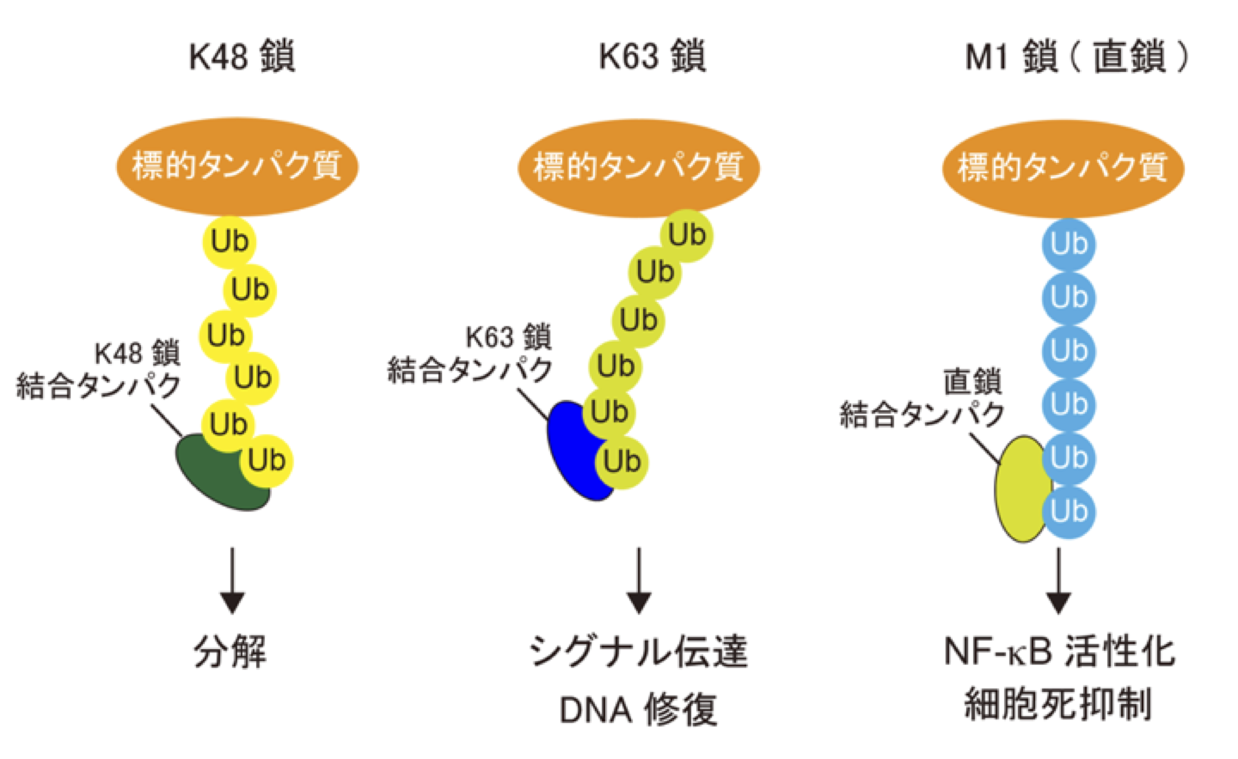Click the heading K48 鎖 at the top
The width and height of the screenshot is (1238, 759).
[x=242, y=56]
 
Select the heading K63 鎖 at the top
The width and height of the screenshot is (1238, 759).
[x=652, y=56]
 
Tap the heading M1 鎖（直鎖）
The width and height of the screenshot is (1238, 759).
[x=1076, y=56]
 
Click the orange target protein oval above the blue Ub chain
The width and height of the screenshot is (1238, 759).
[x=1063, y=168]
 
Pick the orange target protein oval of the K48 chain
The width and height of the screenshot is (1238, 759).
[x=237, y=166]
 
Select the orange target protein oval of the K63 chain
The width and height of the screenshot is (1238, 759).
[x=638, y=168]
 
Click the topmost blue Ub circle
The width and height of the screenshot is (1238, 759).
[x=1068, y=244]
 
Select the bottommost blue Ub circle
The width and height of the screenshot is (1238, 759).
[x=1068, y=512]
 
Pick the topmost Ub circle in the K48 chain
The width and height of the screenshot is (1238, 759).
[x=229, y=242]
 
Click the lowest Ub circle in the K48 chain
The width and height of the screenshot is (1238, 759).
[x=266, y=461]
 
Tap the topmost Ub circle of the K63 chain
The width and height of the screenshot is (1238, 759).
[x=687, y=235]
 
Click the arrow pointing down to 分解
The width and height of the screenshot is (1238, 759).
[x=232, y=580]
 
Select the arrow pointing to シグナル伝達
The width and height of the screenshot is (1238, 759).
[x=639, y=580]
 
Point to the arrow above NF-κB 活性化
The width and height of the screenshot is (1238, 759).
[x=1058, y=580]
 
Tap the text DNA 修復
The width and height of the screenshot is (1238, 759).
[x=638, y=710]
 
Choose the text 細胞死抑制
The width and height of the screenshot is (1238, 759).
[x=1058, y=704]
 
